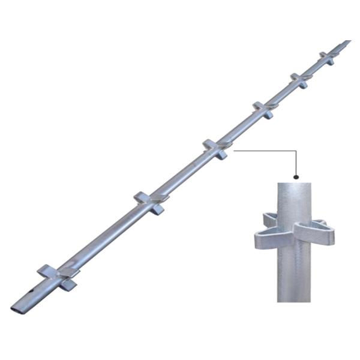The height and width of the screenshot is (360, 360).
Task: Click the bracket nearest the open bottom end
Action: [59, 277]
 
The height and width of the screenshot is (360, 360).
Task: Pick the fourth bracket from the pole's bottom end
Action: [263, 110]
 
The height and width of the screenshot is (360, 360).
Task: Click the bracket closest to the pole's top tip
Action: [327, 58]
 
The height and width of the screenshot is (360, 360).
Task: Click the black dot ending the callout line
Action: [296, 177]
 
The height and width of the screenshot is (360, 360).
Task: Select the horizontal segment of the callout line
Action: [264, 151]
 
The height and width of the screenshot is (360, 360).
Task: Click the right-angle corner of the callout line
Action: [296, 151]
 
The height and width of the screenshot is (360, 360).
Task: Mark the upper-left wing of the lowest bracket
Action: [47, 270]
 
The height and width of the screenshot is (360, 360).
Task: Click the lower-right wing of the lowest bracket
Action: [68, 285]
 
